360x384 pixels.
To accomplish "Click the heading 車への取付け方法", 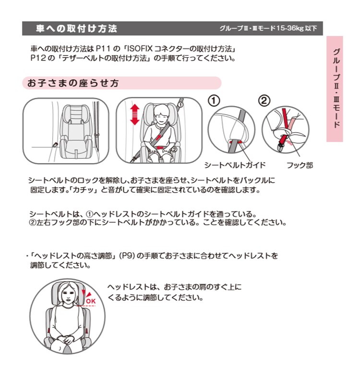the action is [76, 28].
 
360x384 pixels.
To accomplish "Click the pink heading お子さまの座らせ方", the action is [73, 83].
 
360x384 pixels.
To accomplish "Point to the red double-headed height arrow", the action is [135, 114].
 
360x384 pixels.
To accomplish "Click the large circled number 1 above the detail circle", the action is [214, 101].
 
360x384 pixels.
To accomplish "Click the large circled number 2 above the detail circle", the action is [264, 101].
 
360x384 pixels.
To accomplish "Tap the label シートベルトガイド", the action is [235, 165].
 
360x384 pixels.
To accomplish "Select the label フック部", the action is [300, 165].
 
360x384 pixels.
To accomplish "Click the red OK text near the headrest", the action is [91, 301].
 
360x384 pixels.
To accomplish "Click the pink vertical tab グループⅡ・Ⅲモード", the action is [335, 89].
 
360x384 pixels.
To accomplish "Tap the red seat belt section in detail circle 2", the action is [285, 127].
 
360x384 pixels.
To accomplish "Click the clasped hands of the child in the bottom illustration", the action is [65, 340].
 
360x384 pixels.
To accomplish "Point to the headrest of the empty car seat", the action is [76, 114].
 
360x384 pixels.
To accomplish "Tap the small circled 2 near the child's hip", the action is [174, 149].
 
